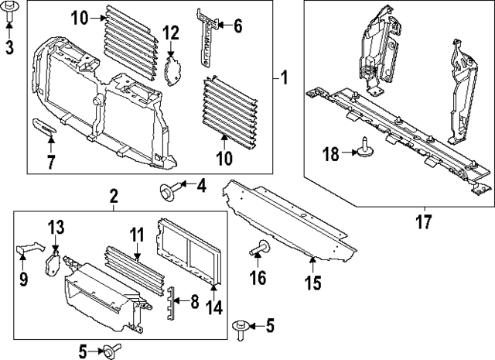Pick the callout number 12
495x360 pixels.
pyautogui.click(x=171, y=33)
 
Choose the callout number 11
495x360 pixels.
pyautogui.click(x=136, y=234)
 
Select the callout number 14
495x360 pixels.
pyautogui.click(x=214, y=307)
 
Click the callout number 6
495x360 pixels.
pyautogui.click(x=237, y=27)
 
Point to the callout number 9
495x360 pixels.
pyautogui.click(x=23, y=278)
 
